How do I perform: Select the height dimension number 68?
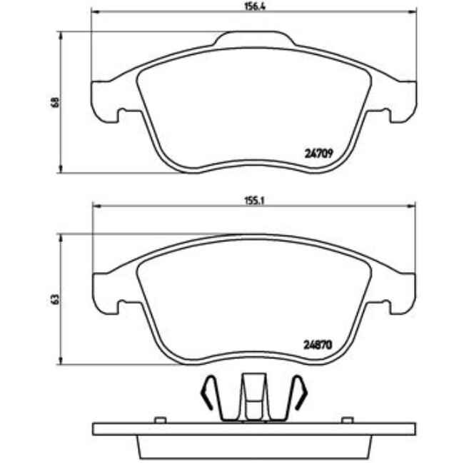54,101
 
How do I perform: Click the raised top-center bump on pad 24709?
254,38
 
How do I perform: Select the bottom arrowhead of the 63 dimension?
62,361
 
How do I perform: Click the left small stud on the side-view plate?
161,420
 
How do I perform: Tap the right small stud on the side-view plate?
347,420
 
